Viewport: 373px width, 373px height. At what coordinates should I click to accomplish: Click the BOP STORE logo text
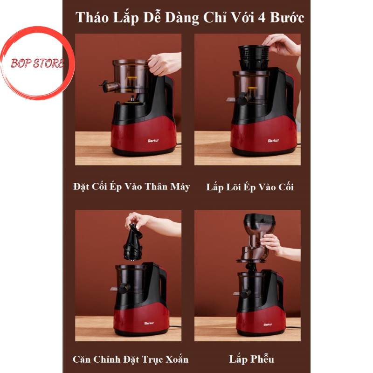point(38,63)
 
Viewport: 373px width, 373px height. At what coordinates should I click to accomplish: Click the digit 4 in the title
point(262,18)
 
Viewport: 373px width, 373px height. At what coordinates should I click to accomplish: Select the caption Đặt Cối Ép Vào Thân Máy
point(131,187)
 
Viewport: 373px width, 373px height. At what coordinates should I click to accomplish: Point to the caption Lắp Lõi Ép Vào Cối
point(250,187)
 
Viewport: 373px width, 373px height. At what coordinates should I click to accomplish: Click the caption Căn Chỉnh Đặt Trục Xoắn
point(131,359)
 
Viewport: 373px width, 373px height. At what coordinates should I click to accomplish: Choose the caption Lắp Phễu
point(251,359)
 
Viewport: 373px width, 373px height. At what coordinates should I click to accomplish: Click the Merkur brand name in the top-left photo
point(153,141)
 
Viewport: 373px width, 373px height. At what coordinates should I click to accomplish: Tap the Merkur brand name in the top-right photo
point(274,141)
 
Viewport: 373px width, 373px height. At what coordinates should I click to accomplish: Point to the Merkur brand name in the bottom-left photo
point(149,323)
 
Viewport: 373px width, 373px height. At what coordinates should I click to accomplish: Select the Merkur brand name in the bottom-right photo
point(268,325)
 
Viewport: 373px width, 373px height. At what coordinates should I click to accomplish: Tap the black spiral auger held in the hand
point(133,243)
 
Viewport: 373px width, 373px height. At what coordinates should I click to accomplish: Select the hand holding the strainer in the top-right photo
point(282,44)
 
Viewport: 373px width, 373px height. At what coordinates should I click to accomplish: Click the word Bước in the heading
point(287,18)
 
